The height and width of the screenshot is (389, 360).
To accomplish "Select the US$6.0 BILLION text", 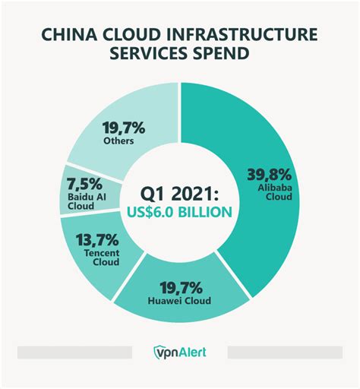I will [180, 212].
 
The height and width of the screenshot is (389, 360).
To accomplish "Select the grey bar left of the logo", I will [74, 353].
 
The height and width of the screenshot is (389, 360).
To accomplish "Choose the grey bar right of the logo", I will [285, 353].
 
